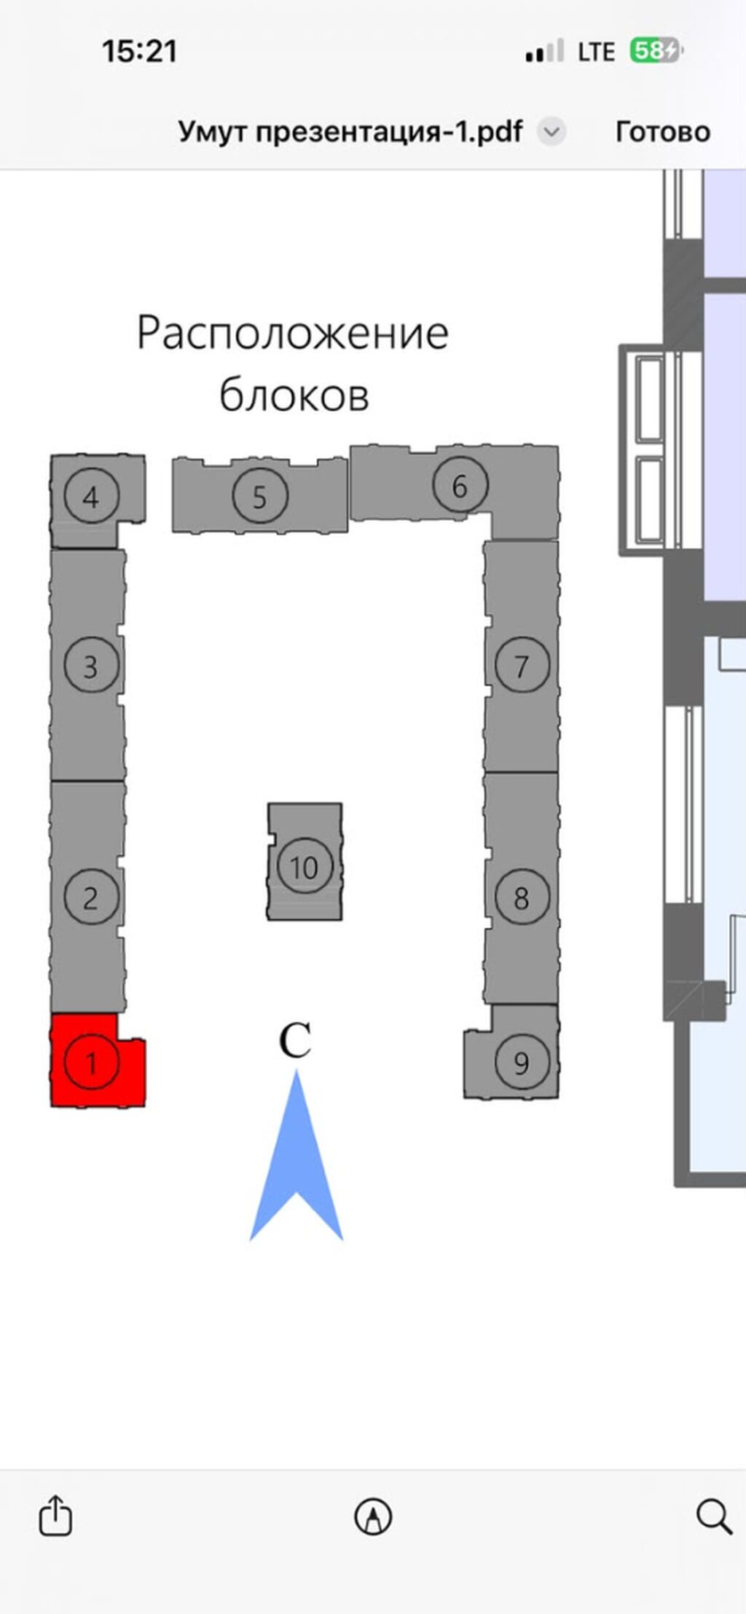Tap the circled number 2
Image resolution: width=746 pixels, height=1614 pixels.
pyautogui.click(x=91, y=897)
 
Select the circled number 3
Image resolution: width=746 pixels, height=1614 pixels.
pyautogui.click(x=91, y=666)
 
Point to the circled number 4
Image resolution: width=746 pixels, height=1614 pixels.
pyautogui.click(x=91, y=496)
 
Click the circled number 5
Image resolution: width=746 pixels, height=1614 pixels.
pyautogui.click(x=260, y=496)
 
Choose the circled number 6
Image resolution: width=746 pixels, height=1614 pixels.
pyautogui.click(x=460, y=485)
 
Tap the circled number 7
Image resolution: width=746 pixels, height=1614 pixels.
pyautogui.click(x=522, y=666)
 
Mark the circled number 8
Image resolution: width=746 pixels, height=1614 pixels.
pyautogui.click(x=522, y=897)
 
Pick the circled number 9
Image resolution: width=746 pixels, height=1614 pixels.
pyautogui.click(x=522, y=1063)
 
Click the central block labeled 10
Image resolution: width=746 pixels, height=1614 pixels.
pyautogui.click(x=305, y=862)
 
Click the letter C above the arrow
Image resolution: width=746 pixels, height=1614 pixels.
pyautogui.click(x=296, y=1040)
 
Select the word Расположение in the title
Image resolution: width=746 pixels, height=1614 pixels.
pyautogui.click(x=293, y=333)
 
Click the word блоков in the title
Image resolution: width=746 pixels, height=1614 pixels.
pyautogui.click(x=294, y=395)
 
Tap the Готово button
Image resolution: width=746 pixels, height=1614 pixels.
pyautogui.click(x=663, y=132)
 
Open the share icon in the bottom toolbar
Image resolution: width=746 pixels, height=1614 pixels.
pyautogui.click(x=55, y=1516)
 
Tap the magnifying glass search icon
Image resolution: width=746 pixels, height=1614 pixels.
pyautogui.click(x=714, y=1516)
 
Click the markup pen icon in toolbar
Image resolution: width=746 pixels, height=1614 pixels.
pyautogui.click(x=373, y=1517)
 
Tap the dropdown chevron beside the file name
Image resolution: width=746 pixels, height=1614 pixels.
pyautogui.click(x=552, y=132)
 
